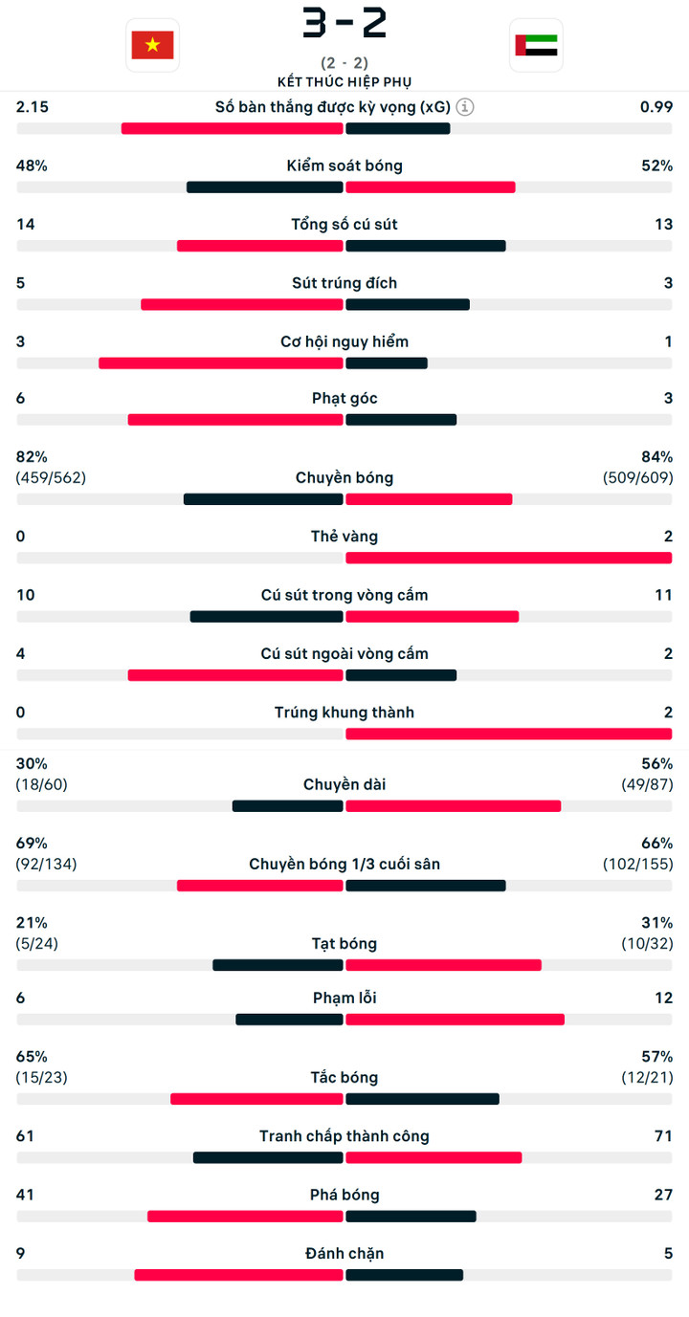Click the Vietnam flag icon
pyautogui.click(x=152, y=45)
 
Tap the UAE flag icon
pyautogui.click(x=536, y=45)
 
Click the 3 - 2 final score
pyautogui.click(x=344, y=24)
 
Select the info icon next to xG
pyautogui.click(x=465, y=107)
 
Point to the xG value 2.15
pyautogui.click(x=33, y=107)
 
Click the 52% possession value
pyautogui.click(x=656, y=165)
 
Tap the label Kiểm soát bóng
pyautogui.click(x=344, y=165)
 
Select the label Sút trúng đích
pyautogui.click(x=344, y=283)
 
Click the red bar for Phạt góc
pyautogui.click(x=235, y=420)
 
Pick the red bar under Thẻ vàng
pyautogui.click(x=508, y=558)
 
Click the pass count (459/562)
pyautogui.click(x=51, y=477)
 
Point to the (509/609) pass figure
pyautogui.click(x=637, y=477)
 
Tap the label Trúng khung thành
pyautogui.click(x=344, y=713)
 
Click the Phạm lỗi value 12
pyautogui.click(x=664, y=998)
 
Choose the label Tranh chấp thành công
pyautogui.click(x=344, y=1136)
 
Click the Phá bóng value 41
pyautogui.click(x=25, y=1195)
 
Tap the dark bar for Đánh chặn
pyautogui.click(x=404, y=1275)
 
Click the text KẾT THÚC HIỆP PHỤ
pyautogui.click(x=344, y=82)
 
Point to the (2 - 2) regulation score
pyautogui.click(x=344, y=64)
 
